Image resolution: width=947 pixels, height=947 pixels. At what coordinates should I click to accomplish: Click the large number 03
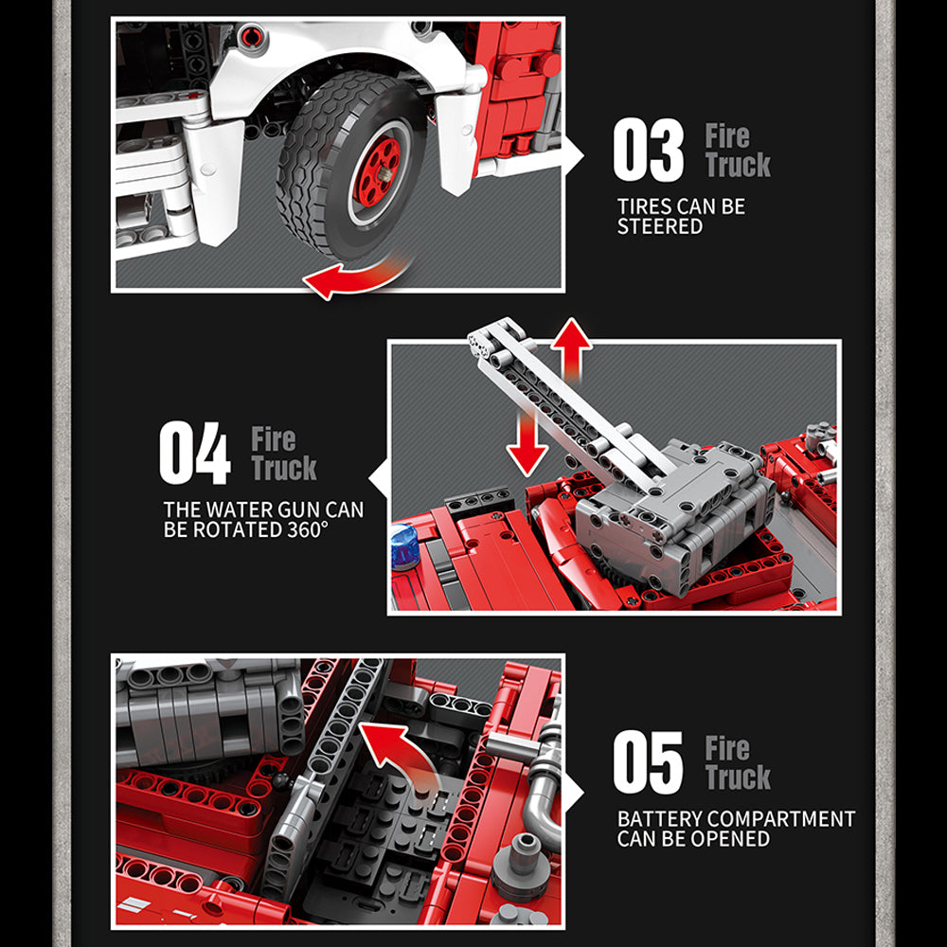coord(648,150)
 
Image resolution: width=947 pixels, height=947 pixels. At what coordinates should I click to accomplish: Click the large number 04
coord(194,453)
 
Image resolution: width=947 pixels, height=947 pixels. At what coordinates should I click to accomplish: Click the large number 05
coord(648,761)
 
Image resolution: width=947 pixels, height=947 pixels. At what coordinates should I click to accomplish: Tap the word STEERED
coord(659,226)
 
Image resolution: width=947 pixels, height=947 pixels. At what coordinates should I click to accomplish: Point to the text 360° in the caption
coord(308,529)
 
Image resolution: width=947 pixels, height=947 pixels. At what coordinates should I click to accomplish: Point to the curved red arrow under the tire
coord(356,277)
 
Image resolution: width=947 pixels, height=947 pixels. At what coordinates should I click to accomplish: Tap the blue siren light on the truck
coord(404,546)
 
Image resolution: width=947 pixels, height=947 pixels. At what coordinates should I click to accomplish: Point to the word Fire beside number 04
coord(274,439)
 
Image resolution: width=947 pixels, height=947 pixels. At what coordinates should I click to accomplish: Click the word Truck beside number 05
coord(738,777)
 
